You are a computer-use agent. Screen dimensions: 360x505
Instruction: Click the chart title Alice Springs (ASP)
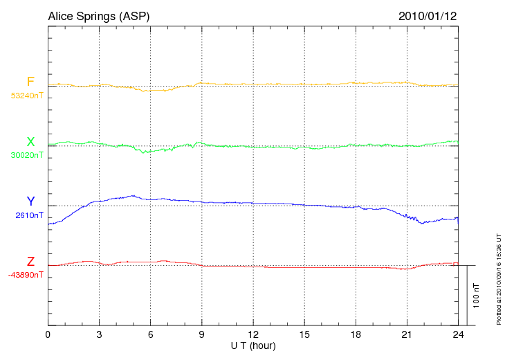(x=98, y=16)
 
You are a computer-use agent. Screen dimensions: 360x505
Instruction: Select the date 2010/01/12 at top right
(x=428, y=16)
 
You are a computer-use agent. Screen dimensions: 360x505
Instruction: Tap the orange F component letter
(x=30, y=82)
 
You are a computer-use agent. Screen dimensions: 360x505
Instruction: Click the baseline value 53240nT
(x=26, y=96)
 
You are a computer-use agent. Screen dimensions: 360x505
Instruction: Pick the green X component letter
(x=30, y=142)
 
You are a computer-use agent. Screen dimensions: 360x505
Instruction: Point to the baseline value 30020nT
(x=26, y=155)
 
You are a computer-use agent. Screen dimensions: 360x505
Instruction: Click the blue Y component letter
(x=30, y=201)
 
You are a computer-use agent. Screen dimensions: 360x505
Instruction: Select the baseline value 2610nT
(x=29, y=215)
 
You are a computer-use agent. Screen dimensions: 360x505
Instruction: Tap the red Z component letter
(x=30, y=262)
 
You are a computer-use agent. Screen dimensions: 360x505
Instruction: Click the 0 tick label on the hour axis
(x=48, y=335)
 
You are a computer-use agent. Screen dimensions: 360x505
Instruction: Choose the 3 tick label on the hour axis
(x=99, y=335)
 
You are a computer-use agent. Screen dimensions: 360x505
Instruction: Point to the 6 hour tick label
(x=151, y=335)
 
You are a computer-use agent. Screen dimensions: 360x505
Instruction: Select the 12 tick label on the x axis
(x=253, y=335)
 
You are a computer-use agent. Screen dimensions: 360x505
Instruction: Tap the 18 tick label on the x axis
(x=356, y=335)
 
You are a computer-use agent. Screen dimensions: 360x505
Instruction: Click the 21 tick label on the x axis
(x=407, y=335)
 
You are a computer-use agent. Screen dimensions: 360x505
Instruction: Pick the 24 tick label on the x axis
(x=458, y=335)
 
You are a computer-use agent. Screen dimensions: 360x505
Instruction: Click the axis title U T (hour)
(x=252, y=345)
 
